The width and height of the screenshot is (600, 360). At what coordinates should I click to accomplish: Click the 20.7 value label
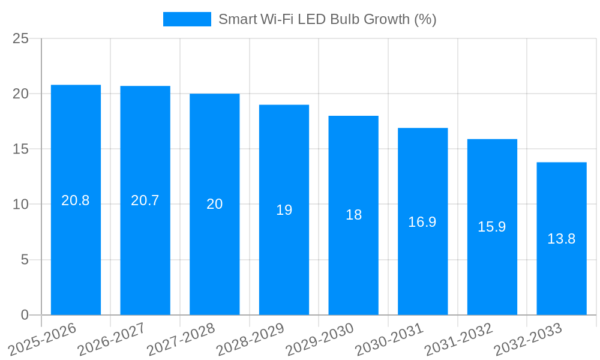[145, 200]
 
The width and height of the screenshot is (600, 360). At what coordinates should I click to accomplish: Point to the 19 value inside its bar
[284, 210]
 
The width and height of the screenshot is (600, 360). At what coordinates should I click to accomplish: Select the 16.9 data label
[422, 222]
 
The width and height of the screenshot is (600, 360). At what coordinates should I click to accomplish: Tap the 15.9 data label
[492, 227]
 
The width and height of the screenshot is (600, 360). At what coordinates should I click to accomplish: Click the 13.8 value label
[562, 239]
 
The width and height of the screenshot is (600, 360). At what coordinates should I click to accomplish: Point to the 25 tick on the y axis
[20, 39]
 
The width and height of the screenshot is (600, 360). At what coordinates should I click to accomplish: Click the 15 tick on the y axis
[20, 149]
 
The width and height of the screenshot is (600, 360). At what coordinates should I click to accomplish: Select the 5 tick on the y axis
[25, 260]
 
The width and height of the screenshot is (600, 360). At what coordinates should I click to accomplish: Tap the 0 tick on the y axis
[25, 315]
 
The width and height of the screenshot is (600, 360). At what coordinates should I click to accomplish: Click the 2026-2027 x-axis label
[112, 339]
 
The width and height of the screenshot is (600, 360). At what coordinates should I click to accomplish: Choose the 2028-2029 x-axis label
[250, 339]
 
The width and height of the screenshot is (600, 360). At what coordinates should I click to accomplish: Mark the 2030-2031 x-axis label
[389, 339]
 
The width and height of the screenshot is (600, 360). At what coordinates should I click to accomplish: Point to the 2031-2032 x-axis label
[459, 339]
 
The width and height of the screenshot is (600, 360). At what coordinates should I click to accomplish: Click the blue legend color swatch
[187, 19]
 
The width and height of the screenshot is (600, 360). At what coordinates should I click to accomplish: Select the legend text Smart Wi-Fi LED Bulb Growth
[327, 19]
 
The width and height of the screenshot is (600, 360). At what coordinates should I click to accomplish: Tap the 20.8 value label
[76, 200]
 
